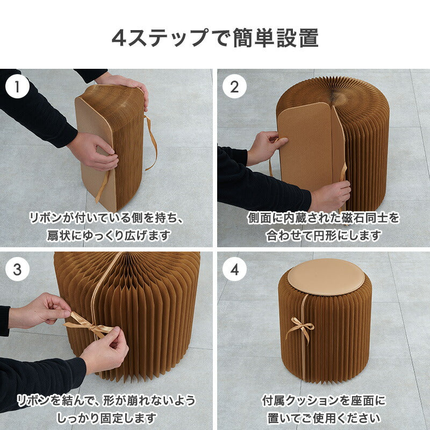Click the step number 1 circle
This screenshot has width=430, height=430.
coord(19,87)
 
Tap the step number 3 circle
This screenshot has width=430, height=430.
coord(19,270)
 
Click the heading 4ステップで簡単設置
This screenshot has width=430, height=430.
coord(215,38)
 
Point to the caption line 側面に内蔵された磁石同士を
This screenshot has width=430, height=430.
coord(323,218)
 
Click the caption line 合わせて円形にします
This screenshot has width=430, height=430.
coord(323,235)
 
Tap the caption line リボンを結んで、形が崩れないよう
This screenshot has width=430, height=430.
coord(106,400)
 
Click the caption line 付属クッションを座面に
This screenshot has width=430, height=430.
coord(323,400)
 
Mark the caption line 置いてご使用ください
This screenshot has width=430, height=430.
coord(323,418)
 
